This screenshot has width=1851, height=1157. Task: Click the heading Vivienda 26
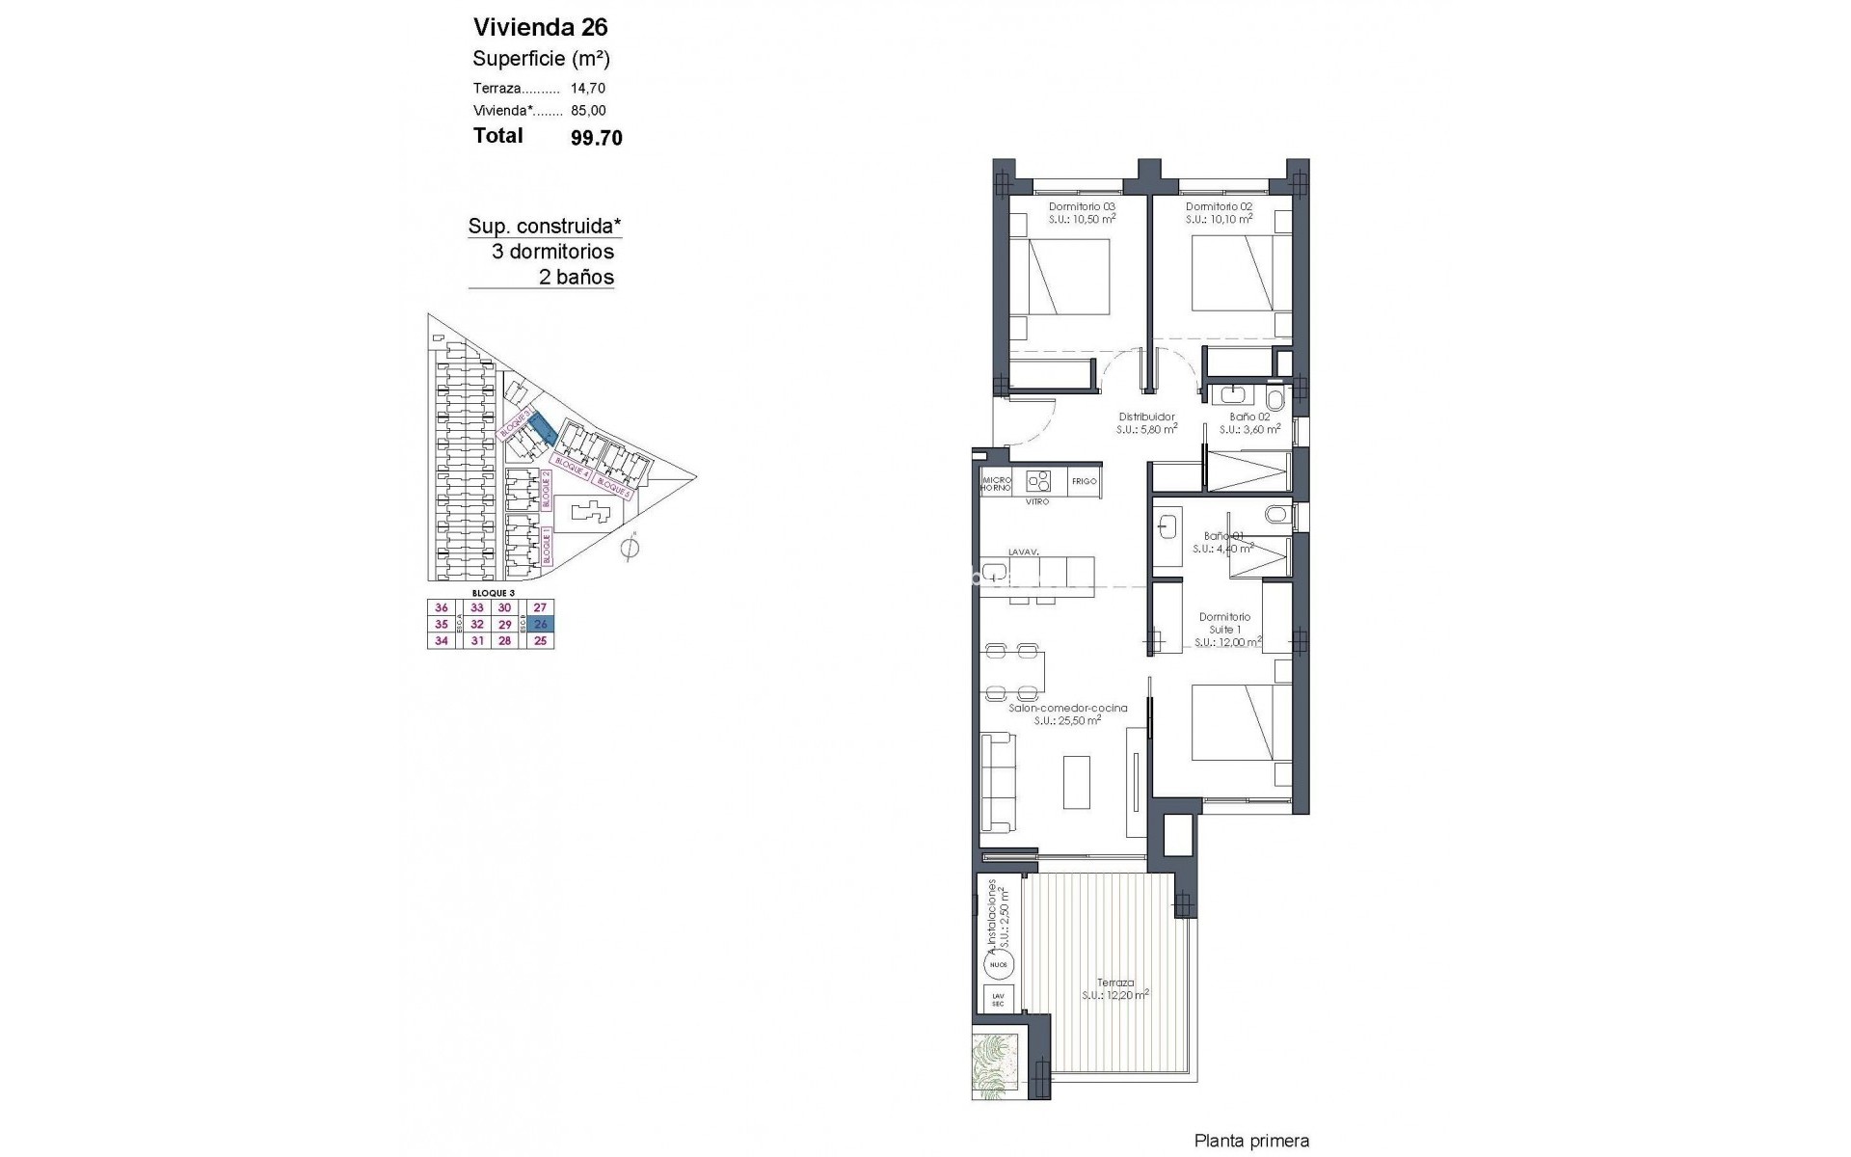click(x=540, y=27)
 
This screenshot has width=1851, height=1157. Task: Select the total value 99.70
click(x=597, y=138)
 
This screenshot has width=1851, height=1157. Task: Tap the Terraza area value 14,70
click(x=588, y=88)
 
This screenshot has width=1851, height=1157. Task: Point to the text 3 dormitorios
click(x=552, y=252)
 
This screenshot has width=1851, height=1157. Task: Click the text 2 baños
click(x=576, y=278)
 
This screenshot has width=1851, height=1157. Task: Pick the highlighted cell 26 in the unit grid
click(x=540, y=624)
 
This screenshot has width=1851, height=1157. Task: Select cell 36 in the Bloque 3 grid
click(x=442, y=607)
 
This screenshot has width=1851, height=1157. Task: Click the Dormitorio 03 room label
click(x=1082, y=206)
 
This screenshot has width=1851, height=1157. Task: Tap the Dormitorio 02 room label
click(x=1219, y=206)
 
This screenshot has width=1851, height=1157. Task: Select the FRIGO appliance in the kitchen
click(x=1084, y=481)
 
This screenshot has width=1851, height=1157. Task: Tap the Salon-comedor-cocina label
click(x=1067, y=708)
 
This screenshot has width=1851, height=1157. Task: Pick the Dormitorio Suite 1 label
click(x=1224, y=623)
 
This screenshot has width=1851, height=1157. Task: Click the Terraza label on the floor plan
click(x=1114, y=982)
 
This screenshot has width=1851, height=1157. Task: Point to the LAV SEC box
click(x=997, y=1000)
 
